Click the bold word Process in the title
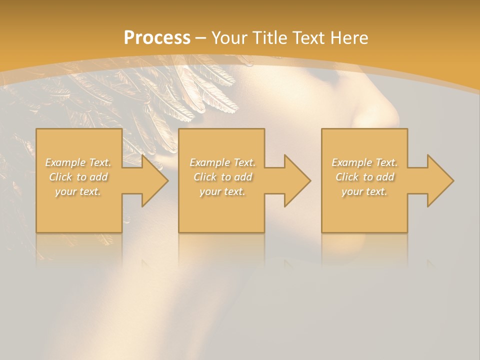click(x=157, y=38)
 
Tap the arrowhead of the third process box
click(x=439, y=180)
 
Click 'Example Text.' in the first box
click(x=78, y=162)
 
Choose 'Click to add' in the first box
click(x=78, y=177)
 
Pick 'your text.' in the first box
click(x=78, y=191)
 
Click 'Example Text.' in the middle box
click(x=222, y=162)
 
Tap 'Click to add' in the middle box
click(x=222, y=177)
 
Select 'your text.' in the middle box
click(x=222, y=191)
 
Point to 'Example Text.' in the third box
click(x=364, y=162)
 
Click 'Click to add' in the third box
click(x=364, y=177)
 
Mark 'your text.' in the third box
click(x=364, y=191)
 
